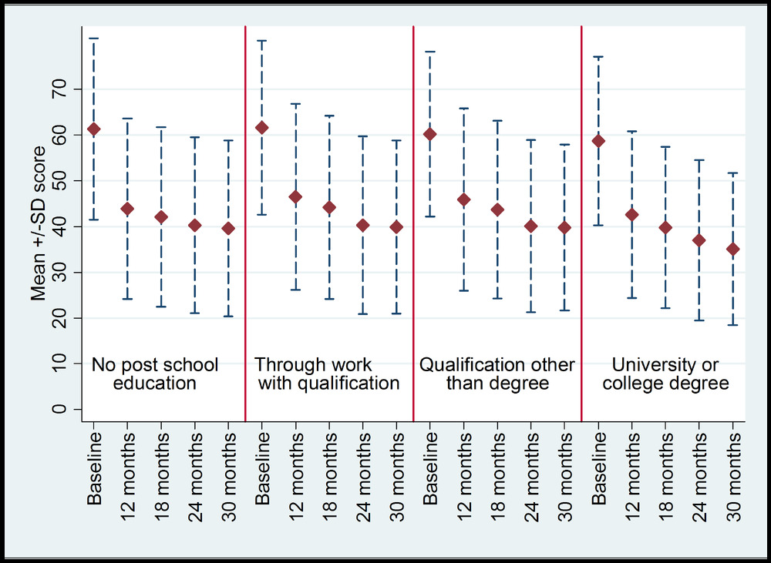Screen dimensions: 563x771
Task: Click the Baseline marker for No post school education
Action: coord(94,129)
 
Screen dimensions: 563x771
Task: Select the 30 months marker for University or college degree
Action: coord(732,250)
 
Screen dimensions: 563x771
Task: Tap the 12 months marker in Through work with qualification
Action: coord(295,197)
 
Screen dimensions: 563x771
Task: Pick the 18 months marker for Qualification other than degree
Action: coord(497,210)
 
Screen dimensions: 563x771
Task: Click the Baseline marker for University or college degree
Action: coord(598,141)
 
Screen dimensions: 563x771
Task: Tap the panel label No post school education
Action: coord(155,374)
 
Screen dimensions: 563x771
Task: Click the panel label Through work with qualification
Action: coord(327,374)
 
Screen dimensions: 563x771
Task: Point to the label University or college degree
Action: coord(664,374)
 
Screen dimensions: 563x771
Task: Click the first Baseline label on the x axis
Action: coord(95,469)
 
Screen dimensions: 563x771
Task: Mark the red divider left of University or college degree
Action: coord(581,223)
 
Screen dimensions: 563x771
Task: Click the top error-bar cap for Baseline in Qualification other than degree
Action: coord(430,52)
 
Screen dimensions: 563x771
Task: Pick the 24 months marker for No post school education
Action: coord(195,226)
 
